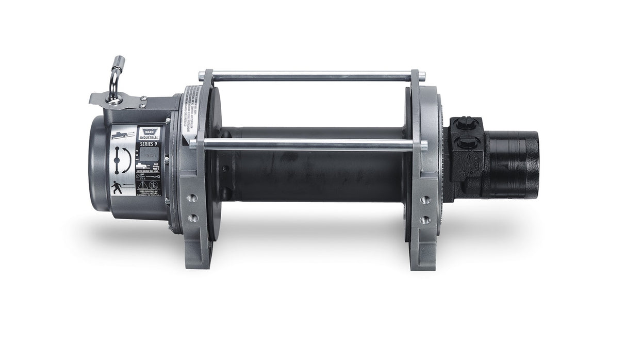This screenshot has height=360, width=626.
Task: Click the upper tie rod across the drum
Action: [309, 76]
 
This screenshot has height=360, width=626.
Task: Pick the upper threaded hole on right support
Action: [424, 199]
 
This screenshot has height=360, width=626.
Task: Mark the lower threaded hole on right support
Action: [424, 220]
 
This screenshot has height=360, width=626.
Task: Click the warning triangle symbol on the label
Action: [154, 185]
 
